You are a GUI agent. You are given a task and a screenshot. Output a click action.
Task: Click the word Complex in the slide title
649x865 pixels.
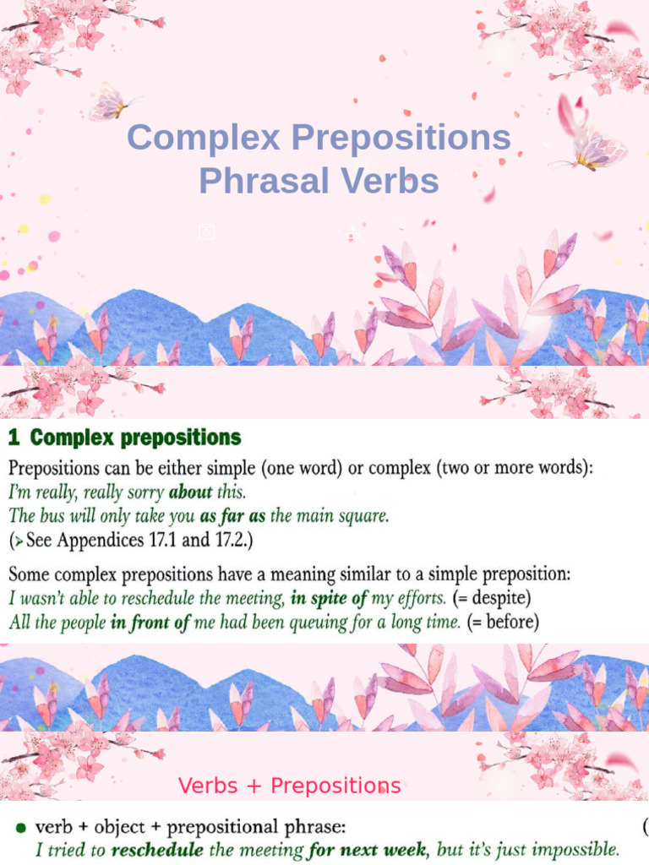coord(204,138)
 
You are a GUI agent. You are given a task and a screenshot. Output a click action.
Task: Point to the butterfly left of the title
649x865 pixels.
coord(111,102)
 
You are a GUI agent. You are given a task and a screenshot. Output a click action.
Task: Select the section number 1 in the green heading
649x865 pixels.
coord(14,438)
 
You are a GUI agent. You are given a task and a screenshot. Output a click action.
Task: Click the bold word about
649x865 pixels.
coord(190,491)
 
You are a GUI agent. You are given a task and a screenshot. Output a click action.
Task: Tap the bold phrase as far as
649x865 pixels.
coord(233,515)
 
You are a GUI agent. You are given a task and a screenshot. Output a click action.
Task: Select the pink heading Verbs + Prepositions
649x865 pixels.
coord(289,786)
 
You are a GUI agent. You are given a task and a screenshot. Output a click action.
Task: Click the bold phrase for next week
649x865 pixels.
coord(365,848)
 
